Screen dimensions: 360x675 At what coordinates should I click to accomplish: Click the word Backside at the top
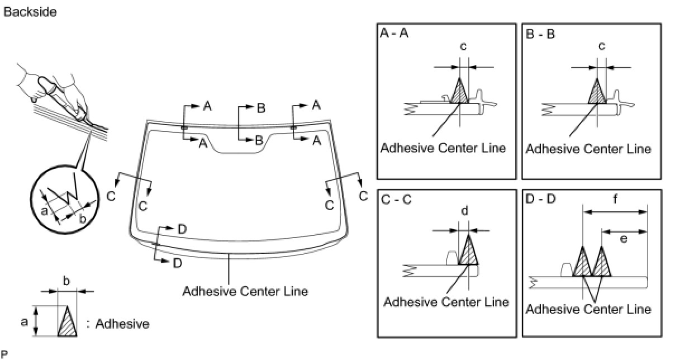[x=30, y=12]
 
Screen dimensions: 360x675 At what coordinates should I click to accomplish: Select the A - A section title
[x=394, y=34]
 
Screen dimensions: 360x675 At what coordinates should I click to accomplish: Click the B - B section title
[x=540, y=34]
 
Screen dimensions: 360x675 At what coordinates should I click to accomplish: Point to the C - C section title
[x=395, y=200]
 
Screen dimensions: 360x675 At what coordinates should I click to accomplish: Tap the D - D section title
[x=540, y=200]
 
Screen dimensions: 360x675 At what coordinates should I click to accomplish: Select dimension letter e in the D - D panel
[x=623, y=239]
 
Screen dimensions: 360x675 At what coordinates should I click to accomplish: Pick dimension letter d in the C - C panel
[x=464, y=210]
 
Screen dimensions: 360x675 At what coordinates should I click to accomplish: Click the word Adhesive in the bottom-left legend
[x=122, y=324]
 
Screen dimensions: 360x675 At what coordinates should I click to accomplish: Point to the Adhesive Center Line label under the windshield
[x=245, y=291]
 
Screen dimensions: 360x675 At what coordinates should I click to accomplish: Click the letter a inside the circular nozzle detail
[x=45, y=210]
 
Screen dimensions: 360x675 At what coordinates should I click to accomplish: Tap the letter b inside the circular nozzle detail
[x=82, y=219]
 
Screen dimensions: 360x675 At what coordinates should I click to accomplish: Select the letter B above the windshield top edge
[x=260, y=108]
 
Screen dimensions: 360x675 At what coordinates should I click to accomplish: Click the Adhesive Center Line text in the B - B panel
[x=588, y=149]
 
